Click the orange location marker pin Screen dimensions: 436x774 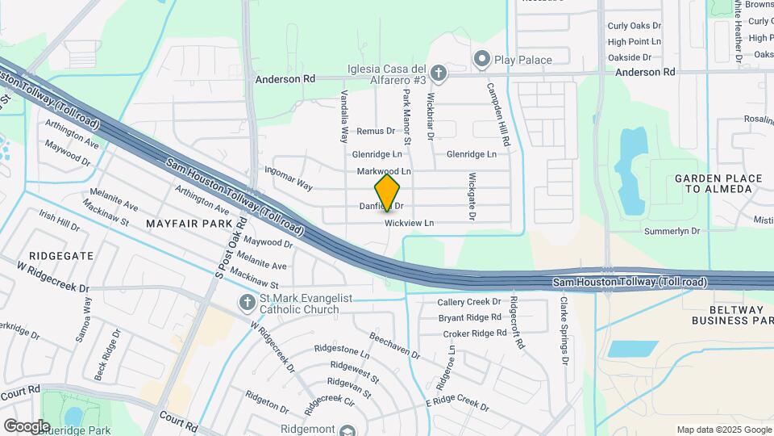[388, 192]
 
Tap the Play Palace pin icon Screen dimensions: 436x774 [482, 59]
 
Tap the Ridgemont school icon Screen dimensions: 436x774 [347, 430]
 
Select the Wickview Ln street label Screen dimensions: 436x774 [409, 223]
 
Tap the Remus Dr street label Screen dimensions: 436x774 [376, 131]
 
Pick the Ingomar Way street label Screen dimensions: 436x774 [289, 178]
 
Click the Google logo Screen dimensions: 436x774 [27, 426]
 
